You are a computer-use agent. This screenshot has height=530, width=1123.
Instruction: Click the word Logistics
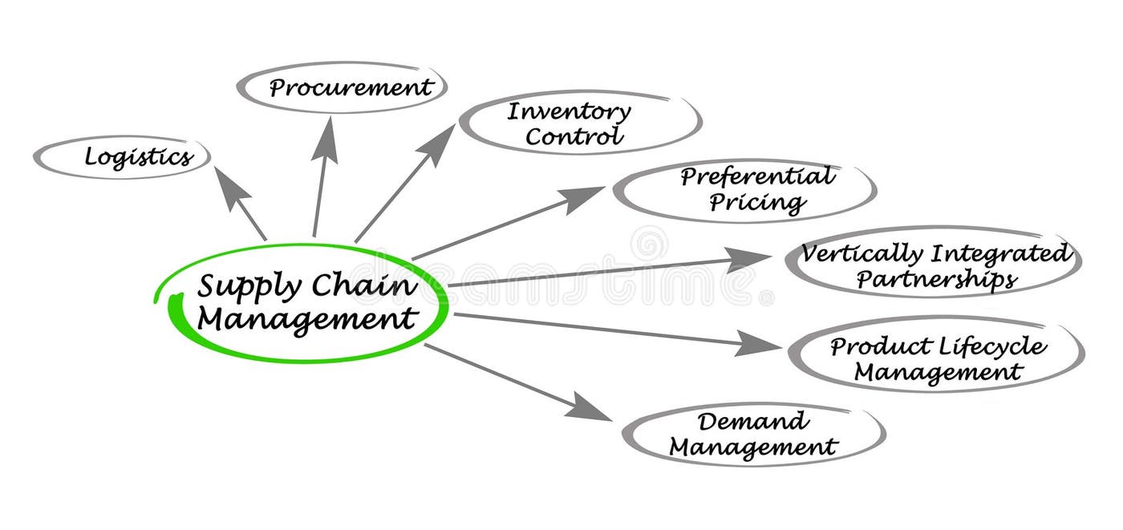[x=139, y=157]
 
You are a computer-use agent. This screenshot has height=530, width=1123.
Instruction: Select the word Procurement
[x=351, y=87]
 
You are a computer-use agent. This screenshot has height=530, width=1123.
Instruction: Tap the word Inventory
[x=569, y=112]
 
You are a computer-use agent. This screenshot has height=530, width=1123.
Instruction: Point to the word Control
[x=574, y=136]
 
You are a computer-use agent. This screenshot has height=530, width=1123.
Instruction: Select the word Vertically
[x=862, y=255]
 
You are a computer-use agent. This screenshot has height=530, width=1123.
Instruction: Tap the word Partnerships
[x=936, y=280]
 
